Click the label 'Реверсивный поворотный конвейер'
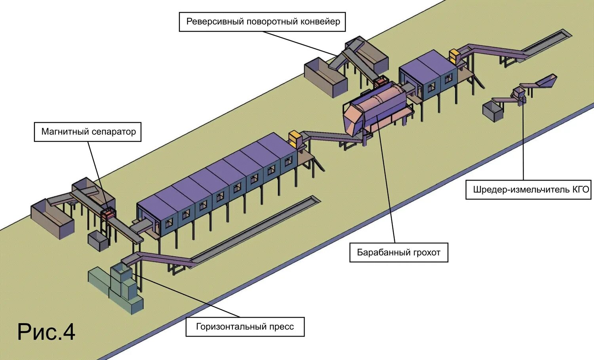click(x=263, y=22)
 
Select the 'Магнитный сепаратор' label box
click(x=88, y=132)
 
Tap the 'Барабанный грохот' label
click(x=398, y=253)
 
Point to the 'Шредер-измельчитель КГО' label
click(x=531, y=190)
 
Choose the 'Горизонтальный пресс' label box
click(x=245, y=327)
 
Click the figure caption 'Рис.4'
click(x=46, y=332)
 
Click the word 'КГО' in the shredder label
click(x=581, y=190)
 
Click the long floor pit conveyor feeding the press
click(x=257, y=230)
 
